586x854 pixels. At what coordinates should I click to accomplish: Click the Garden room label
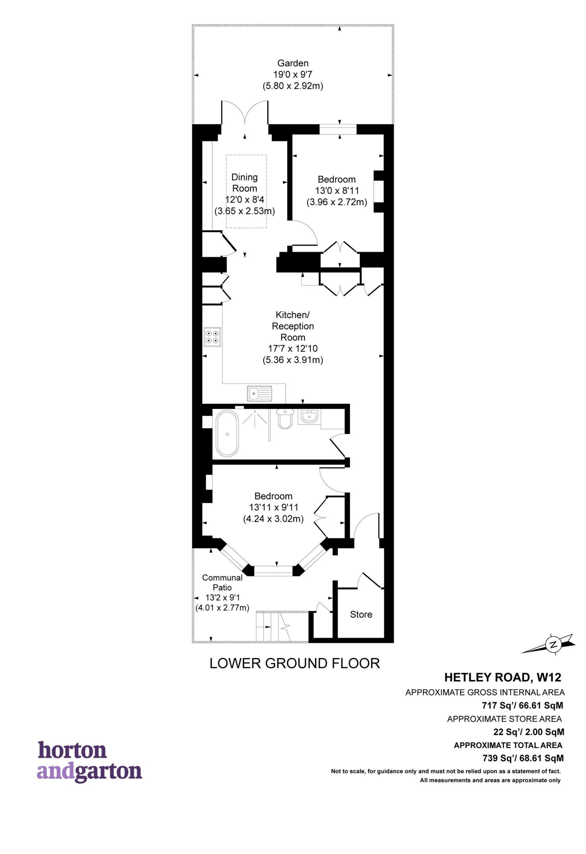(293, 63)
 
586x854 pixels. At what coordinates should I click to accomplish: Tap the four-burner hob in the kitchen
(213, 337)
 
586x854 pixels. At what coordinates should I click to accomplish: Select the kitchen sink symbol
(260, 394)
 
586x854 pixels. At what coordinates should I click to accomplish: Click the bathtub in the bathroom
(228, 434)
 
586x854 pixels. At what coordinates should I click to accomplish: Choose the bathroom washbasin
(308, 417)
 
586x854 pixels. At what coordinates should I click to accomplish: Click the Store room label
(361, 614)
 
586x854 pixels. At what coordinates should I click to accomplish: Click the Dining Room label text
(245, 182)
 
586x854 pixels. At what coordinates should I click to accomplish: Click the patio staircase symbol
(282, 626)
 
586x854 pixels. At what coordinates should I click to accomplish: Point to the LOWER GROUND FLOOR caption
(294, 663)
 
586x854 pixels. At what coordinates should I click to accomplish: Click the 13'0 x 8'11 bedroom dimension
(337, 191)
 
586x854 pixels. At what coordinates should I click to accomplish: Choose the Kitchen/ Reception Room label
(293, 326)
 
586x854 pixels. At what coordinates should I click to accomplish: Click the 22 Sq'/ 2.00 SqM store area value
(529, 732)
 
